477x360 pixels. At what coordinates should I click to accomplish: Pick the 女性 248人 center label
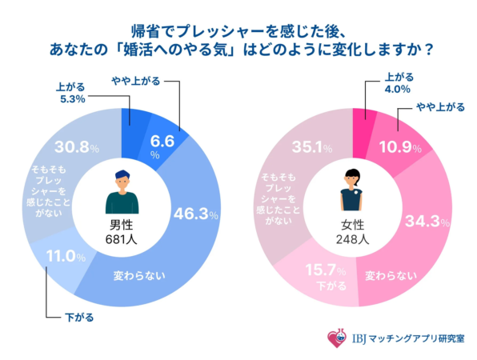[352, 232]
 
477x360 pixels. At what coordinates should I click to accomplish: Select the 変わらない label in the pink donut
[391, 276]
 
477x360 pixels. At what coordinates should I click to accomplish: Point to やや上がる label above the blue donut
[133, 79]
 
